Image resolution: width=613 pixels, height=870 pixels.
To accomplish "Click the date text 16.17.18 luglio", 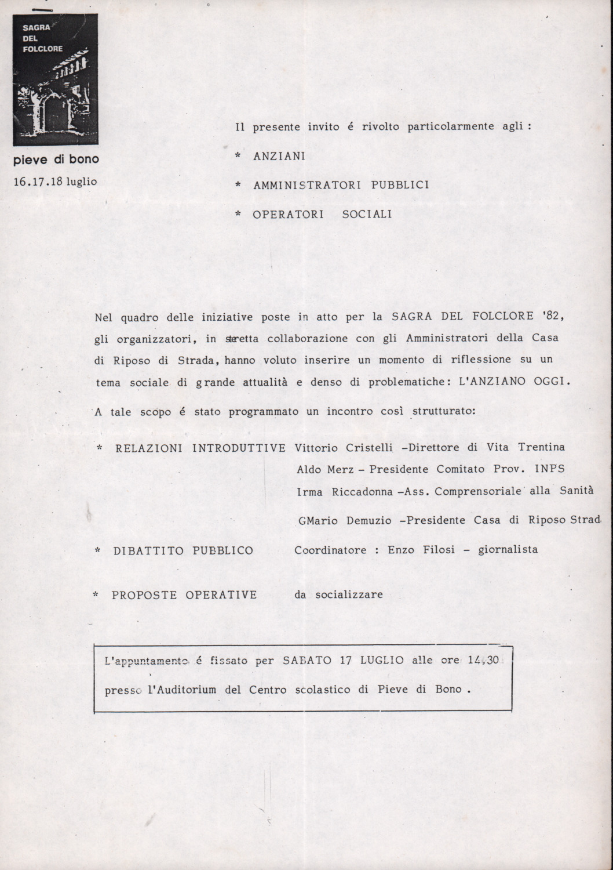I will [x=55, y=182].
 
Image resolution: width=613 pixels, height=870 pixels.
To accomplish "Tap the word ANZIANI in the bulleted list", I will [x=279, y=157].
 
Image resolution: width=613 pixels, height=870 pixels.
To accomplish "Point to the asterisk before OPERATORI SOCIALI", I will [x=238, y=215].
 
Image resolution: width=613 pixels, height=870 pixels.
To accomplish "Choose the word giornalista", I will [x=508, y=549].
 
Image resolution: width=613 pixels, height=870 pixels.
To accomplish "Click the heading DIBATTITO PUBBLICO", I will [x=183, y=550].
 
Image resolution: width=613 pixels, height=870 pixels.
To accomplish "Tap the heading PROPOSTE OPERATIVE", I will [x=184, y=595].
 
